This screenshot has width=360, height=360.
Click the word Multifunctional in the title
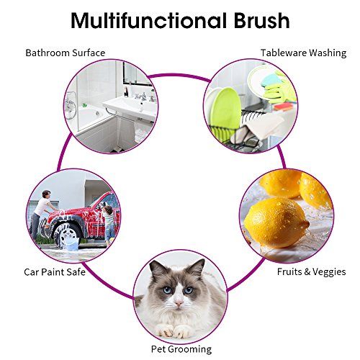pos(149,20)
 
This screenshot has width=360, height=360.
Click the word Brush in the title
pos(261,20)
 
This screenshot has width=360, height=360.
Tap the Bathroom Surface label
pos(66,53)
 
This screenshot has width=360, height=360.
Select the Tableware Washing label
pos(303,53)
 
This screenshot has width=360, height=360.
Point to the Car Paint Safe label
pos(55,272)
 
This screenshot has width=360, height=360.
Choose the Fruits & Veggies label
pos(311,272)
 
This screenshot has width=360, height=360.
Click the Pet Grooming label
pos(181,349)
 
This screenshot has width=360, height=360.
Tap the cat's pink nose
pos(179,303)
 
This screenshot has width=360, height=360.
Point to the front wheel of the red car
pos(68,235)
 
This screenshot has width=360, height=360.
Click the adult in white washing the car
pos(41,214)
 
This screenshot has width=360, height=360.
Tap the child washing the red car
pos(109,223)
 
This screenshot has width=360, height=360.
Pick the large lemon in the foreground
pos(276,222)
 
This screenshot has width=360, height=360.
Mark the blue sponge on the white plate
pos(271,80)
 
